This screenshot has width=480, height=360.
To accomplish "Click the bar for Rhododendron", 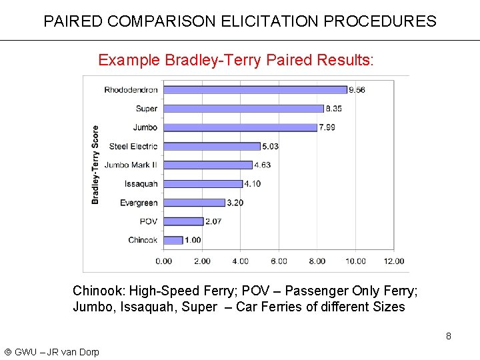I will (255, 89).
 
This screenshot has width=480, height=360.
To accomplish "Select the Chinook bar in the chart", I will (173, 240).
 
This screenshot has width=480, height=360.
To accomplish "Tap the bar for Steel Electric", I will (211, 146).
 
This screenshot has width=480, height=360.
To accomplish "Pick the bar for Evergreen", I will (194, 203).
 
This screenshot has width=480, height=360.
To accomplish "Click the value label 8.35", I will (334, 109).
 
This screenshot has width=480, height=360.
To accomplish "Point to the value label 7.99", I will (327, 127).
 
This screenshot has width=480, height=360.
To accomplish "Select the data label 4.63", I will (262, 165).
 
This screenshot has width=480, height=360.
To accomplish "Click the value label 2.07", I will (213, 221).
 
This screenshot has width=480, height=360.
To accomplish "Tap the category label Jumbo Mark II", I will (131, 165).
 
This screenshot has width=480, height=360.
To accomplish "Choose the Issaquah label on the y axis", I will (141, 184).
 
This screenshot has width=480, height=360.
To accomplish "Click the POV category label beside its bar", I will (149, 221).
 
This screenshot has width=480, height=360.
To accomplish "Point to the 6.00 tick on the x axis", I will (279, 261).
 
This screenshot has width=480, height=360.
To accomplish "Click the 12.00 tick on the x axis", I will (393, 261).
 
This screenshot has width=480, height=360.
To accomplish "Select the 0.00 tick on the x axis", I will (163, 261).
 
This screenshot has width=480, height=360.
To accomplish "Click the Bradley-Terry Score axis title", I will (95, 165).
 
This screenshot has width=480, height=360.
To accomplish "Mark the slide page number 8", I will (449, 336).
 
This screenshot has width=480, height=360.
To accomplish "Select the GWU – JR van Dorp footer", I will (51, 352).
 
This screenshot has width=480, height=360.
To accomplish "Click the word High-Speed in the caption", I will (159, 291).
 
